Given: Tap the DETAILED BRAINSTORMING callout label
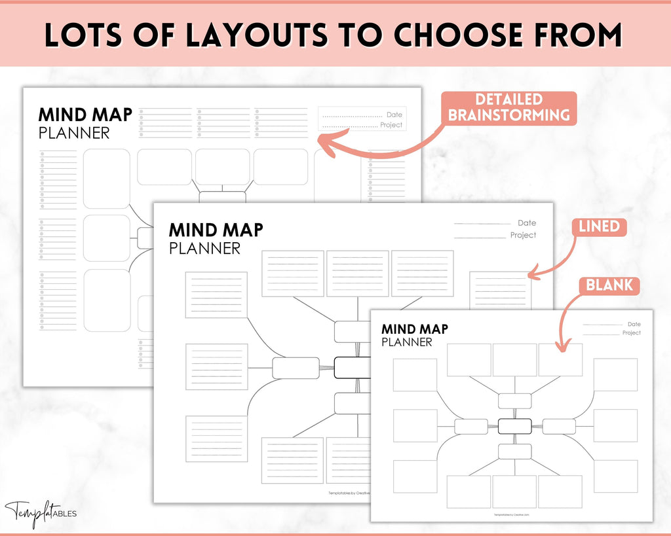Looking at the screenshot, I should click(508, 108).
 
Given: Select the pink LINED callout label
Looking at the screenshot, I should click(599, 226).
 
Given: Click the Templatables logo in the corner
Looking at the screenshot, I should click(41, 511).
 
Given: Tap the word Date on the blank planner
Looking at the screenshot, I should click(634, 324).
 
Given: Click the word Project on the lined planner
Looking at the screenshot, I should click(523, 235).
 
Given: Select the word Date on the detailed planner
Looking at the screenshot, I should click(394, 115).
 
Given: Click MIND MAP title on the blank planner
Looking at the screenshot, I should click(414, 329).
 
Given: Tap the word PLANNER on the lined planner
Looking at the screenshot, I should click(204, 249).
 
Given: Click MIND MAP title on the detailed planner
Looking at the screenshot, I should click(85, 115).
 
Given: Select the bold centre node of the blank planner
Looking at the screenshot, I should click(514, 426).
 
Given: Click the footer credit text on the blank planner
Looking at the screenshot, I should click(511, 515).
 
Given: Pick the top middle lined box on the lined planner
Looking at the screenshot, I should click(358, 273).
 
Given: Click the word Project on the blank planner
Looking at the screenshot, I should click(631, 333).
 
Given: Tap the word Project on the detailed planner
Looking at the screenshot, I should click(391, 125).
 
